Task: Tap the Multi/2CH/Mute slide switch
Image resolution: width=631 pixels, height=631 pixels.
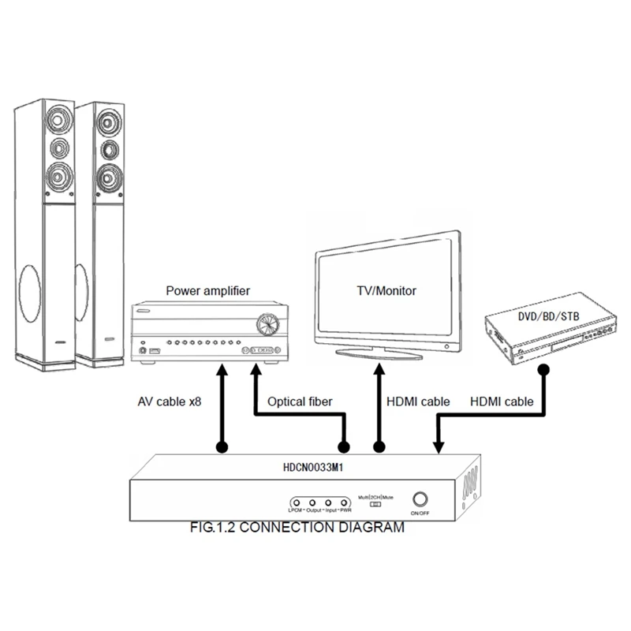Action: coord(377,504)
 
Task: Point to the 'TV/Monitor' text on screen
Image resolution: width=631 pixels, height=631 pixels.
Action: coord(386,290)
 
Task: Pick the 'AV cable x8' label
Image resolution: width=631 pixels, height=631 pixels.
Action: coord(167,401)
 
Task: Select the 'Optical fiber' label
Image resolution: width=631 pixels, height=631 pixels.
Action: coord(300,401)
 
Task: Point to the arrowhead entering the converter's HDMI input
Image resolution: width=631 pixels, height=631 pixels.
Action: coord(439,447)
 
